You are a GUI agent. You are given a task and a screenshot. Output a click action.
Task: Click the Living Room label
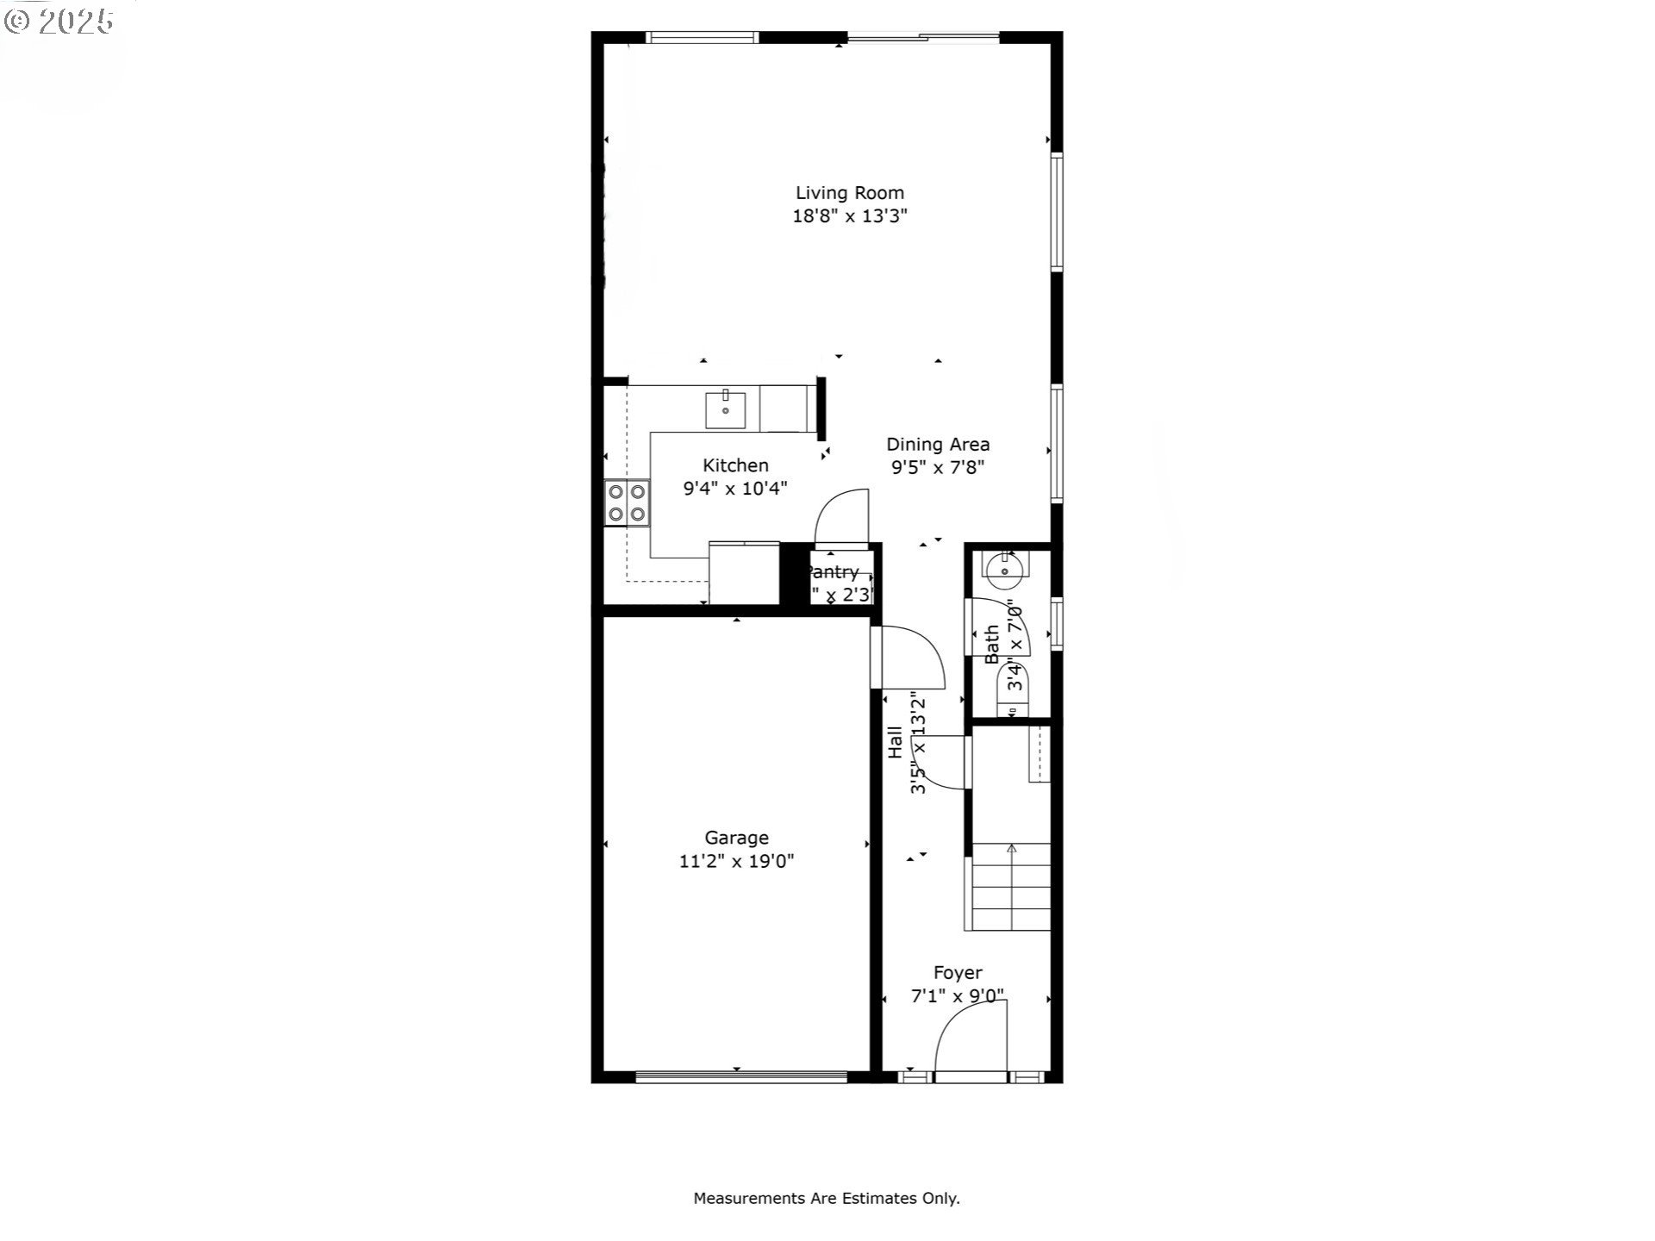pyautogui.click(x=849, y=193)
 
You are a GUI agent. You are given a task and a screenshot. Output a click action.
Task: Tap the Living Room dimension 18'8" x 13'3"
pyautogui.click(x=850, y=215)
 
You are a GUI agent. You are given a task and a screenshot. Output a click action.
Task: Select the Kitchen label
pyautogui.click(x=735, y=465)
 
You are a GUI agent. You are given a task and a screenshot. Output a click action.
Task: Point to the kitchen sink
pyautogui.click(x=726, y=409)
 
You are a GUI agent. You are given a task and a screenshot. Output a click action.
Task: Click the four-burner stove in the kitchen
pyautogui.click(x=627, y=503)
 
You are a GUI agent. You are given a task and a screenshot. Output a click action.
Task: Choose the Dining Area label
pyautogui.click(x=938, y=445)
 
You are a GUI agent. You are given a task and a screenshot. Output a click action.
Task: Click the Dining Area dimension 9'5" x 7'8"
pyautogui.click(x=938, y=468)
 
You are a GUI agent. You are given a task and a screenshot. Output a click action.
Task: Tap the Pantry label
pyautogui.click(x=833, y=572)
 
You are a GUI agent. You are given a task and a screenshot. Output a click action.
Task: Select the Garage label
pyautogui.click(x=736, y=838)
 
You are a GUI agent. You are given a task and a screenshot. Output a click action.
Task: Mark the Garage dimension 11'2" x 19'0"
pyautogui.click(x=736, y=861)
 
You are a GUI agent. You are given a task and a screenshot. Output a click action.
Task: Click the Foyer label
pyautogui.click(x=958, y=973)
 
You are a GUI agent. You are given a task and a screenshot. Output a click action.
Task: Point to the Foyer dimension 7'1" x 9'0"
pyautogui.click(x=958, y=996)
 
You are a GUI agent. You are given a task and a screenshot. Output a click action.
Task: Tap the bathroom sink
pyautogui.click(x=1004, y=569)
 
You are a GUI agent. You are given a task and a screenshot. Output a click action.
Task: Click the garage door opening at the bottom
pyautogui.click(x=741, y=1076)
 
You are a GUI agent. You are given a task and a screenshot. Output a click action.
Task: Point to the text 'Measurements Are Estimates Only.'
pyautogui.click(x=827, y=1198)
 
